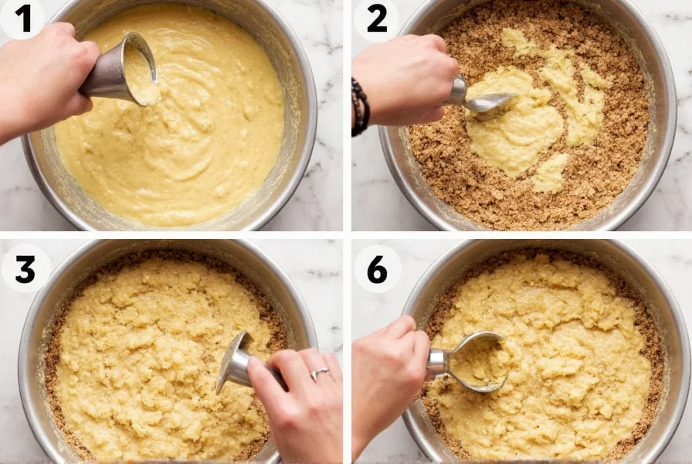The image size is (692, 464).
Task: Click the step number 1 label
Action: click(x=23, y=19)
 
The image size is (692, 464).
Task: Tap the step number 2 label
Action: click(x=376, y=19)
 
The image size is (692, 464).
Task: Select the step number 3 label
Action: click(x=25, y=268)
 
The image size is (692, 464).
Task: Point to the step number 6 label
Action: click(x=377, y=268)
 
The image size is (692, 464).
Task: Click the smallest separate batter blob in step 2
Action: click(x=550, y=174)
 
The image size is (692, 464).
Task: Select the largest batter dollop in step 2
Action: click(x=514, y=128)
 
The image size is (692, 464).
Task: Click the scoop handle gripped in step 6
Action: click(x=439, y=363)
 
